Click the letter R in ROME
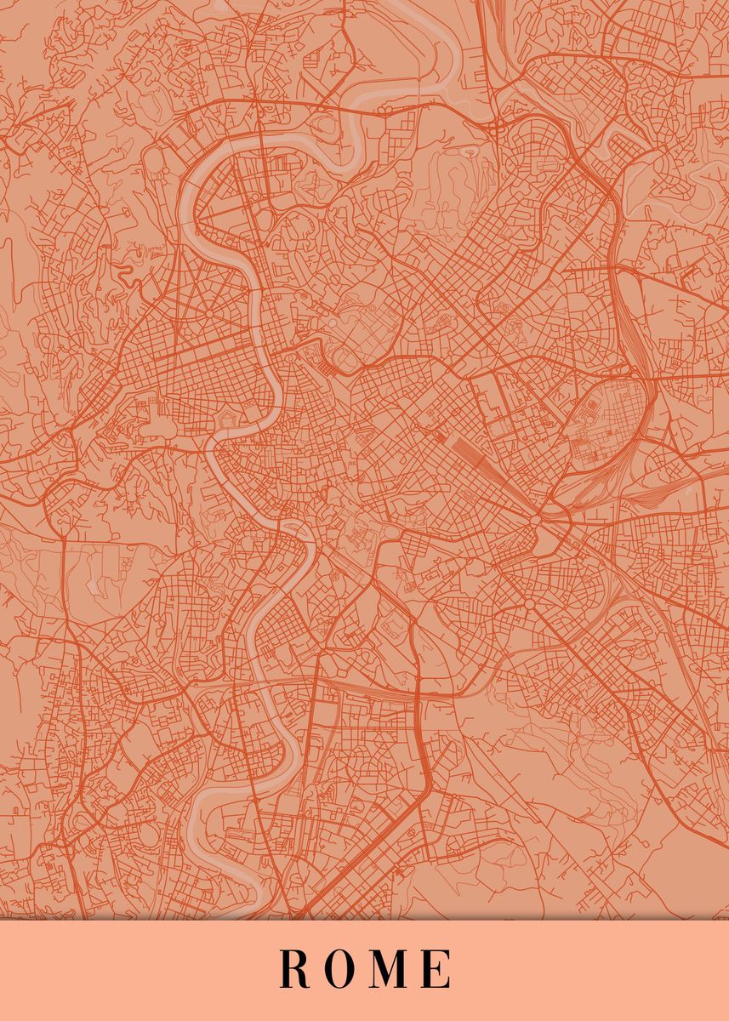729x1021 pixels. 294,969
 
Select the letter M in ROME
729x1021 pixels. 390,969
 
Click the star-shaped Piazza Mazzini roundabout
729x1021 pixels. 208,313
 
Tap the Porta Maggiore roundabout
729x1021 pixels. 536,519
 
